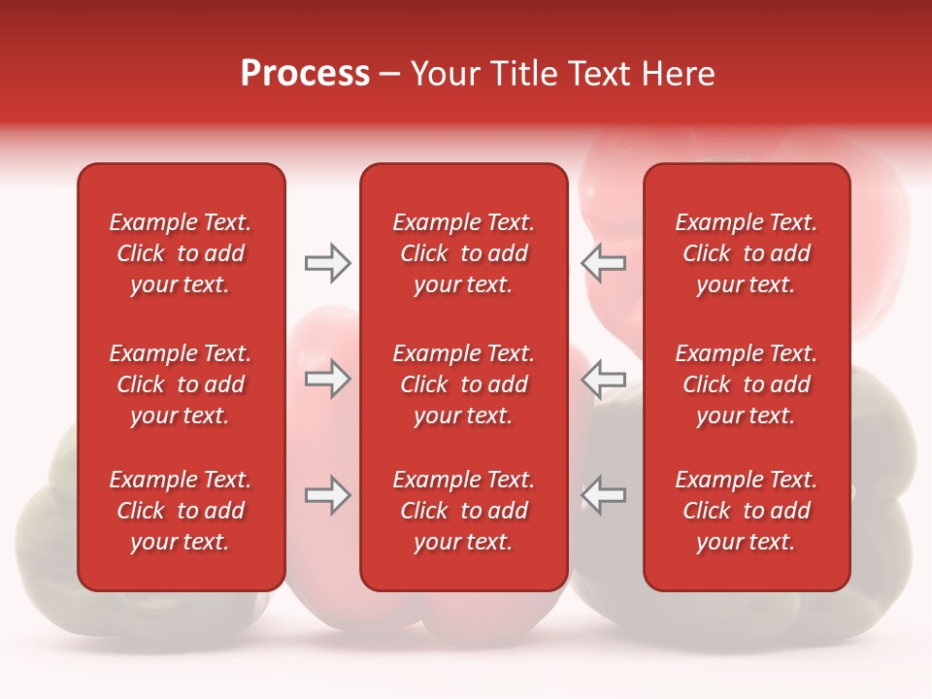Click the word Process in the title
click(x=305, y=74)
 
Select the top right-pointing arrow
click(x=327, y=263)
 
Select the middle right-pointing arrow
click(x=327, y=378)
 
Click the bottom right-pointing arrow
click(x=327, y=495)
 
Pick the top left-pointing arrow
click(x=603, y=263)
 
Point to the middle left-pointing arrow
click(x=603, y=378)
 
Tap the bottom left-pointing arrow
click(x=603, y=495)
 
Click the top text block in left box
click(x=181, y=253)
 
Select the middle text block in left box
click(x=181, y=384)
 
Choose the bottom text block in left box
click(x=181, y=511)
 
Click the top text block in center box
click(x=463, y=253)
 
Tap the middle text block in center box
click(x=463, y=384)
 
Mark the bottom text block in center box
click(x=463, y=511)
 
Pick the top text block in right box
click(x=746, y=253)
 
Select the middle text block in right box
click(x=746, y=384)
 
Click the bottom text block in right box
click(x=746, y=511)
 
